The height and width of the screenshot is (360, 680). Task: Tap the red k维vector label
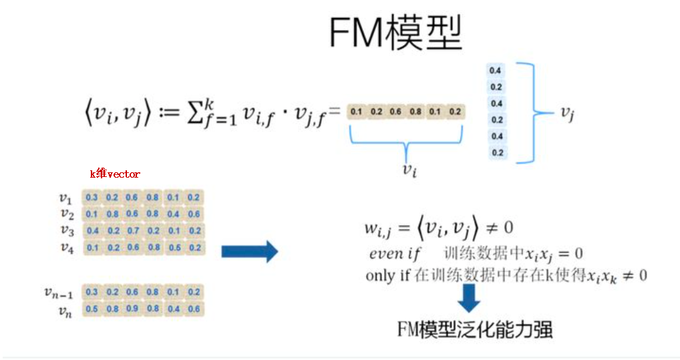pos(115,174)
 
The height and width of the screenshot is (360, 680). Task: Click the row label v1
pos(65,198)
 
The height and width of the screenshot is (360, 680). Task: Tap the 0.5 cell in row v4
pos(174,248)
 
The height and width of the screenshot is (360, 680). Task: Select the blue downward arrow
pos(470,299)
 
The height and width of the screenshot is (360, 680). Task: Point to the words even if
pos(395,254)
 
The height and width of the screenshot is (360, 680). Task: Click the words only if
pos(389,275)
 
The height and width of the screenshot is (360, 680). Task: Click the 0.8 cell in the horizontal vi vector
pos(415,112)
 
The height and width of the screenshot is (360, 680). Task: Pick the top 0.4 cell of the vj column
pos(496,70)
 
